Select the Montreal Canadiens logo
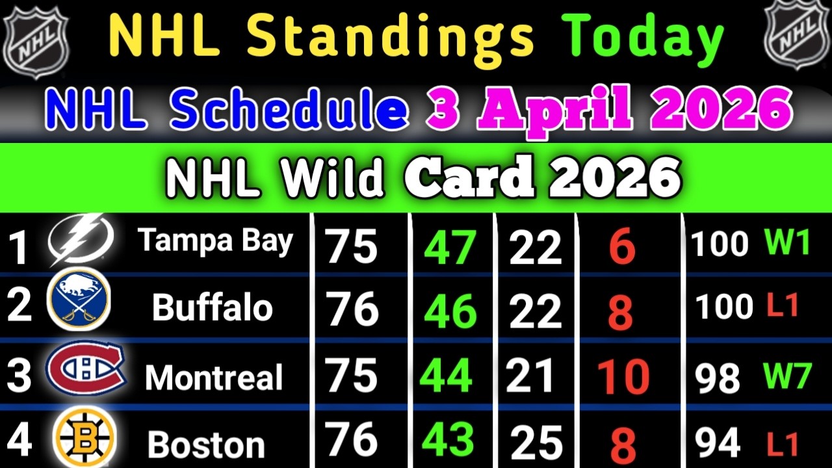click(x=85, y=369)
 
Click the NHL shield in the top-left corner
click(x=36, y=37)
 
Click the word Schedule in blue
click(x=289, y=110)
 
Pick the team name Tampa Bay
click(x=215, y=241)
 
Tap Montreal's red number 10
click(x=623, y=377)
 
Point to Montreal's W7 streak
click(x=787, y=376)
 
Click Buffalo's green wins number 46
click(x=450, y=312)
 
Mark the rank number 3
click(x=19, y=377)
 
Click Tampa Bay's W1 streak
click(x=787, y=243)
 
